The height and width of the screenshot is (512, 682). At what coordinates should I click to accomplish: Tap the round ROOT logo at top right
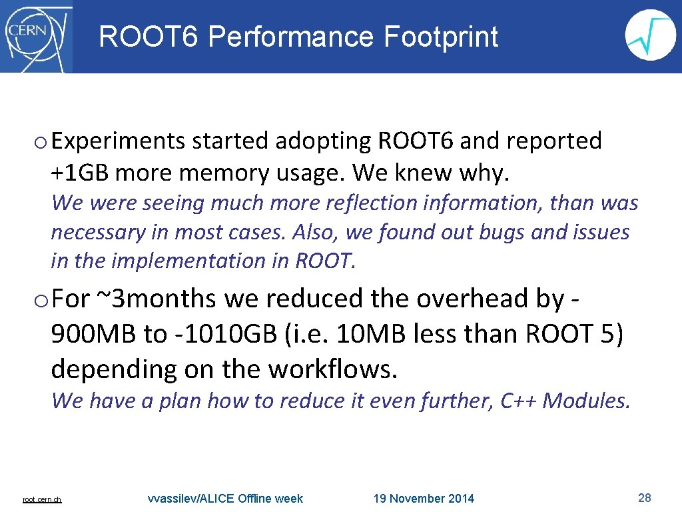[x=650, y=35]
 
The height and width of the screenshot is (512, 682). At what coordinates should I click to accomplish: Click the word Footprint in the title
[x=441, y=37]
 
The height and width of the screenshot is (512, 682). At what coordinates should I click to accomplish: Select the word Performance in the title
[x=292, y=37]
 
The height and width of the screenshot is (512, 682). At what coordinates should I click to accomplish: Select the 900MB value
[x=91, y=334]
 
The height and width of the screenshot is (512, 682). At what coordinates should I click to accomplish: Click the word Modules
[x=586, y=401]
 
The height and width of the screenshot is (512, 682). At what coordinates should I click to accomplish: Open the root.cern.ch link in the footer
[x=42, y=499]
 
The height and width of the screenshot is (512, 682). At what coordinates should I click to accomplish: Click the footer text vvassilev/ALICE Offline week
[x=225, y=499]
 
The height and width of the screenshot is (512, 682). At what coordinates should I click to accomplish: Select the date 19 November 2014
[x=424, y=499]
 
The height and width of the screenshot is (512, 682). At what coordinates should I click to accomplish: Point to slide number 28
[x=644, y=497]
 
